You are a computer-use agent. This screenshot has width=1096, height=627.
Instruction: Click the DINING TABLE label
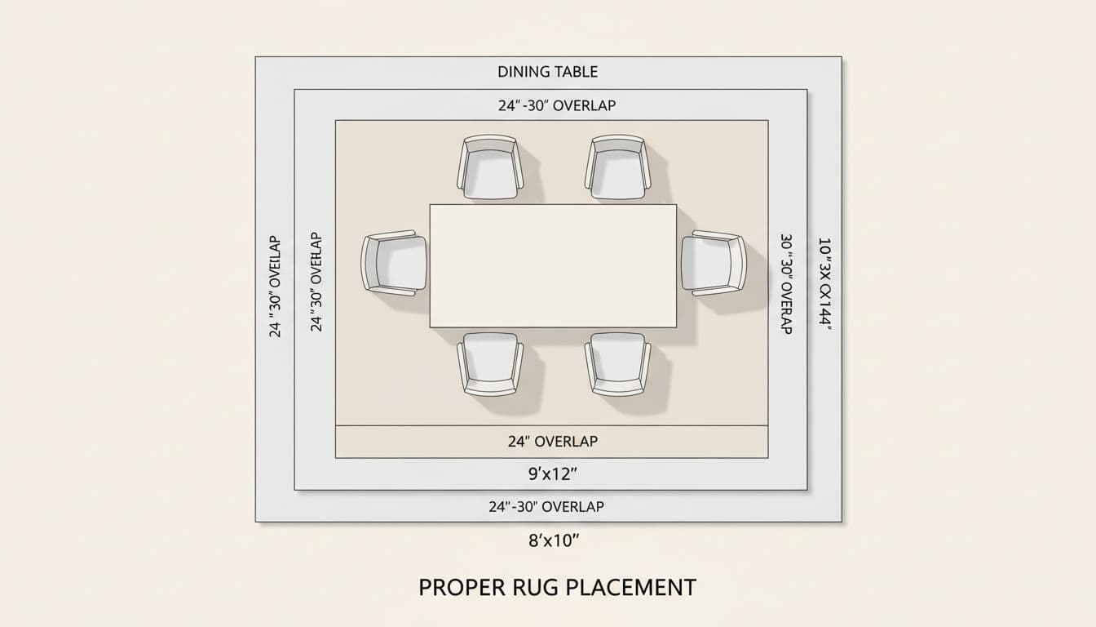click(x=547, y=72)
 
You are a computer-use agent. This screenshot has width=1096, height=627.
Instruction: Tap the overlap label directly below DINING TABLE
click(x=557, y=105)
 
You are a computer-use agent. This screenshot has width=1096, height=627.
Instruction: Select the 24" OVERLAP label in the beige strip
click(x=552, y=441)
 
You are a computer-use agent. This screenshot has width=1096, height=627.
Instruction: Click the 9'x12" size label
click(x=553, y=474)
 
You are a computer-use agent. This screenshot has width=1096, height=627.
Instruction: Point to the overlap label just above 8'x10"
click(x=546, y=506)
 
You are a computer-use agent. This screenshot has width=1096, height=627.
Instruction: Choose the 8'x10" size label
click(x=553, y=540)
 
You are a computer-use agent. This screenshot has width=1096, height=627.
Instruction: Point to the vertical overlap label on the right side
click(x=787, y=284)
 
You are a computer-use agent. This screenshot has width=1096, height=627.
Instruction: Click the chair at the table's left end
click(x=395, y=263)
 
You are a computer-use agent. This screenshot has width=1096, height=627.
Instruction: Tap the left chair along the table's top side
click(x=490, y=168)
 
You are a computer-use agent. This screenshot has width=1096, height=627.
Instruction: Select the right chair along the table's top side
click(x=617, y=168)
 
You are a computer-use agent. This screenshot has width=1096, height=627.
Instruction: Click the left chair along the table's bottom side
click(x=490, y=363)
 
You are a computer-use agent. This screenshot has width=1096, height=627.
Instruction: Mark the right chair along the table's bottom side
click(x=617, y=363)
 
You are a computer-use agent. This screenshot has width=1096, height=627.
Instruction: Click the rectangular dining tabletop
click(x=553, y=265)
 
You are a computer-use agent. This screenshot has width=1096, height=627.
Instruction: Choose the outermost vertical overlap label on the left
click(x=275, y=287)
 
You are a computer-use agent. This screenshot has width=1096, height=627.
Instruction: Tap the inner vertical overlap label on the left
click(x=316, y=282)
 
